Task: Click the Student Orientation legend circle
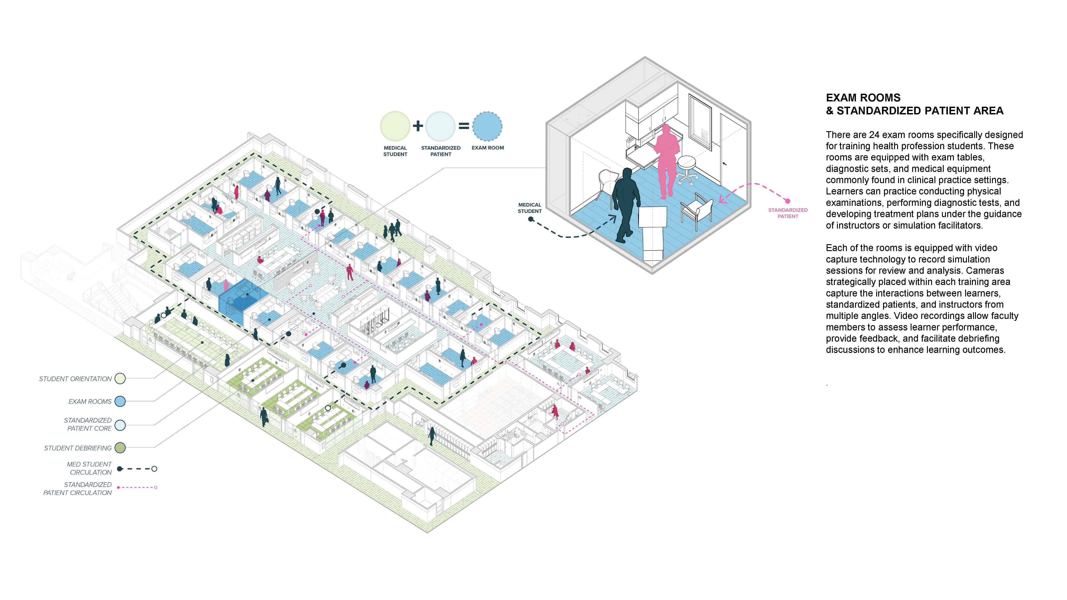pyautogui.click(x=120, y=378)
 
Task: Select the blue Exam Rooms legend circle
pyautogui.click(x=120, y=401)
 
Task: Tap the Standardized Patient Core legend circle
pyautogui.click(x=120, y=425)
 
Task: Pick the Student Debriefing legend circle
pyautogui.click(x=120, y=448)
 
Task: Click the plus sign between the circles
pyautogui.click(x=417, y=125)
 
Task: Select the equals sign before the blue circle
pyautogui.click(x=464, y=125)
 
